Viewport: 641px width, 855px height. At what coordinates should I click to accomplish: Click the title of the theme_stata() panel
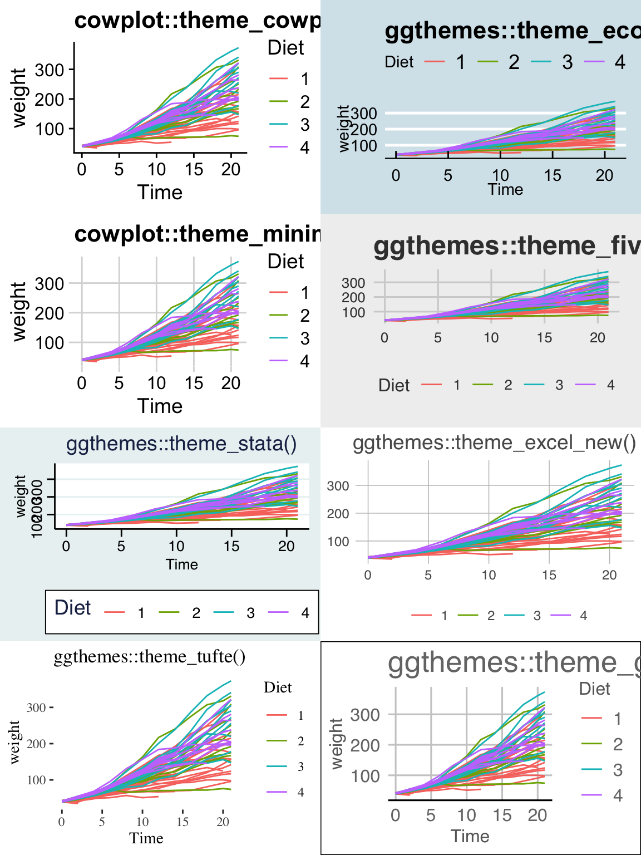181,444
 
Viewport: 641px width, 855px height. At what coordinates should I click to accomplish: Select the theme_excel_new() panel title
494,443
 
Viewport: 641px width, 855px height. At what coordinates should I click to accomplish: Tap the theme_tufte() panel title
149,657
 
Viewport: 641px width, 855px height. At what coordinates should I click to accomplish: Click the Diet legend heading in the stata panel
72,608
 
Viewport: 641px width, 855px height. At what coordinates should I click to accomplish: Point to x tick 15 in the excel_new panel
549,575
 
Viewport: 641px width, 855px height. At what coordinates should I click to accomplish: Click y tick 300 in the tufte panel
36,708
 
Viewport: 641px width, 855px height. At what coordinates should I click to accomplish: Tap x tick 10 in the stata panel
176,547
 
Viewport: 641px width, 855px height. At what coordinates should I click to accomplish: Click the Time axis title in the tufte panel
146,838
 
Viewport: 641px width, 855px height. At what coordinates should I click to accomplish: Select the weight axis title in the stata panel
21,496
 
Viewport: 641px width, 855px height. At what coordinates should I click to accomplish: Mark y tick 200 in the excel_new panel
338,514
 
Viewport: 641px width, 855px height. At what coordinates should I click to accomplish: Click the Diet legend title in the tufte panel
278,688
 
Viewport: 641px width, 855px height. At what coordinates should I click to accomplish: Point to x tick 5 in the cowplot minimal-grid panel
119,384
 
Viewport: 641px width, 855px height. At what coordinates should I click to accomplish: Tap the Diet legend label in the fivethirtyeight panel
394,385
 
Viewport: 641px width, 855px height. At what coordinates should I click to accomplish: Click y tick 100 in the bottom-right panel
365,776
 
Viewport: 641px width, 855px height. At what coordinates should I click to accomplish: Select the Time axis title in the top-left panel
160,193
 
